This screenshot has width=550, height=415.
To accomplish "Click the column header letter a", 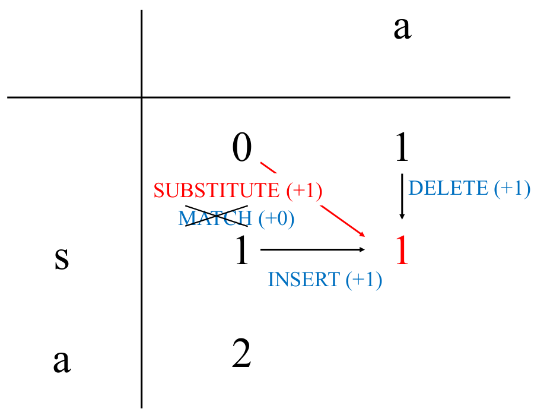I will point(402,28).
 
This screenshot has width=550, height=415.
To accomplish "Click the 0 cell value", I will point(241,147).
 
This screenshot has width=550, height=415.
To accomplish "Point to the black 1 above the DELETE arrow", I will point(402,147).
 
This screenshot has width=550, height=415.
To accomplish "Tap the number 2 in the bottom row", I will point(241,354).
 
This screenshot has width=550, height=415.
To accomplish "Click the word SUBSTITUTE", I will point(217,191).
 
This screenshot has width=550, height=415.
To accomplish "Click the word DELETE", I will point(449,188).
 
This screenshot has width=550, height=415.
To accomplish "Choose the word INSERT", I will point(304,280).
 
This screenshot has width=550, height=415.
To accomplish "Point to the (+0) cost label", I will point(276,218).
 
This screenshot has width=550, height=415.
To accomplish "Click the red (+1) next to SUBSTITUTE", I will point(304,191).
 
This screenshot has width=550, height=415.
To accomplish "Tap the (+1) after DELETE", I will point(511,188).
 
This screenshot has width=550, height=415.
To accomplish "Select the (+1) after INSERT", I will point(363,280).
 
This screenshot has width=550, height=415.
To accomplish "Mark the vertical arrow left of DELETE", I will point(402,197).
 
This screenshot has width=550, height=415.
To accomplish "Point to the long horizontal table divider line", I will point(259,97).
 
